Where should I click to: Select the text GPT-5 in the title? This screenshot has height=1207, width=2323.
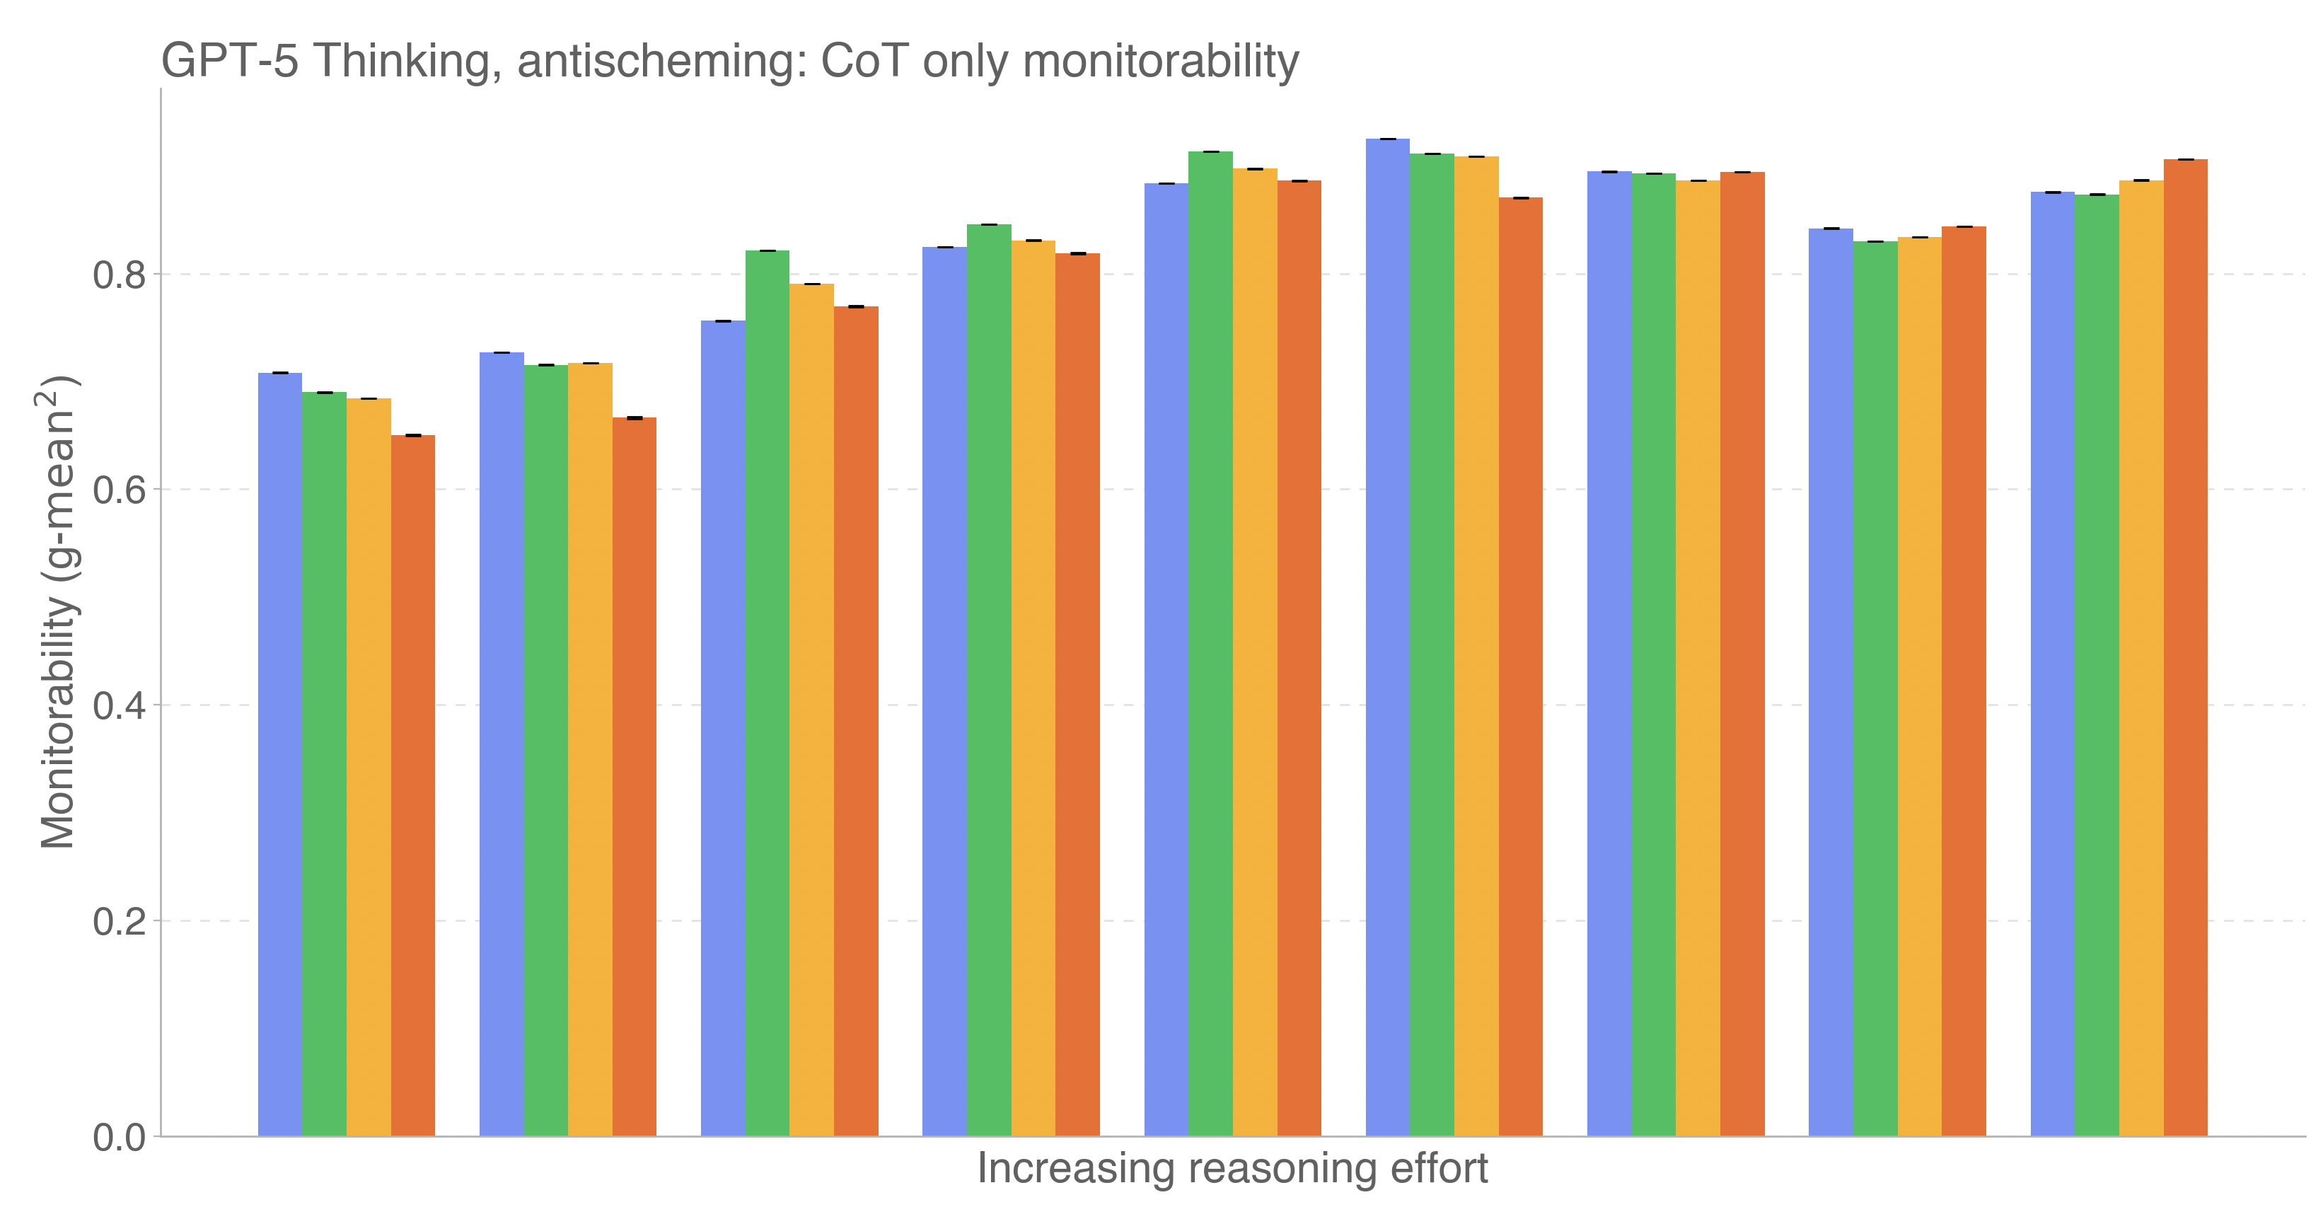coord(229,62)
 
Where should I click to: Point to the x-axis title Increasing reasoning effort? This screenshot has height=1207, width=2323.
coord(1232,1168)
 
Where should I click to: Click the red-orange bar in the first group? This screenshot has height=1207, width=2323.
coord(413,785)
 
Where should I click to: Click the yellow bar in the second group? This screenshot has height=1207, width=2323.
coord(590,749)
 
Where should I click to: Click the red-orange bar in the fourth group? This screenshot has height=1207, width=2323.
coord(1077,695)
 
